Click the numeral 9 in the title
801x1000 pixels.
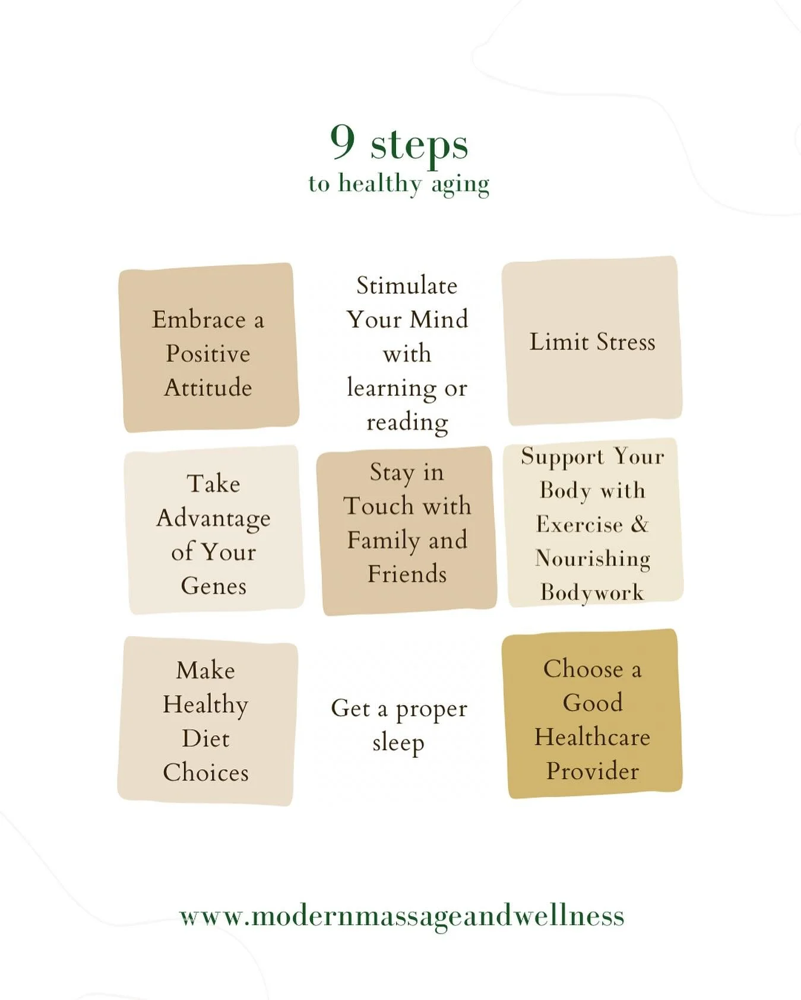click(x=343, y=142)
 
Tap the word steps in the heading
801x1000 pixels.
click(x=419, y=145)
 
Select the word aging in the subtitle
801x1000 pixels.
click(x=460, y=185)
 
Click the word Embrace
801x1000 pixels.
click(x=198, y=320)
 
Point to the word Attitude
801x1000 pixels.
click(x=208, y=388)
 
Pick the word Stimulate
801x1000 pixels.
click(x=407, y=285)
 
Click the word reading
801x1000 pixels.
click(x=407, y=423)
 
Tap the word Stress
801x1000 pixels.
click(x=626, y=342)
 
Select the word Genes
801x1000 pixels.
click(x=213, y=586)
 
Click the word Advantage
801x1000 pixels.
click(x=213, y=519)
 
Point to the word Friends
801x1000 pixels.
click(x=407, y=574)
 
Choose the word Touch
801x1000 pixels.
click(x=378, y=506)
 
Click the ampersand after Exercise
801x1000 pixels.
click(x=639, y=524)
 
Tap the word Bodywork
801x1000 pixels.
click(x=592, y=592)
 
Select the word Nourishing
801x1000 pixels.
click(x=592, y=558)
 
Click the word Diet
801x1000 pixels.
click(x=205, y=738)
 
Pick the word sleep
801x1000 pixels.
click(x=398, y=743)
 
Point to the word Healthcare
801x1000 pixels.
click(x=592, y=737)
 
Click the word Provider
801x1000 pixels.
click(x=592, y=771)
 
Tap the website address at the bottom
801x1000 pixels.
click(x=401, y=916)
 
